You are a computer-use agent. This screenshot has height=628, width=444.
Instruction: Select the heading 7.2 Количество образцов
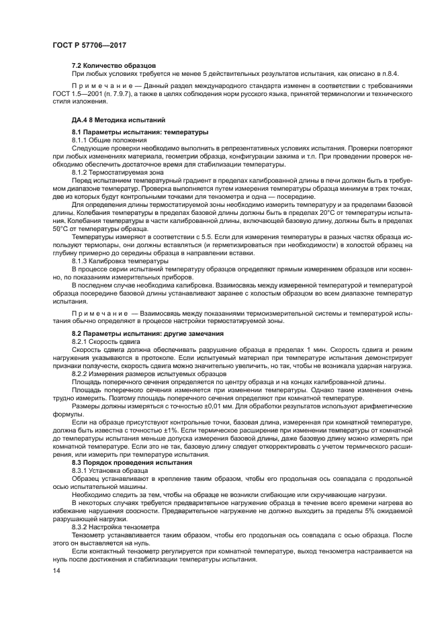(x=114, y=65)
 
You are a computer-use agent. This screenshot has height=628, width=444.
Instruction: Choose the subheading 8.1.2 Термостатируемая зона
(x=118, y=173)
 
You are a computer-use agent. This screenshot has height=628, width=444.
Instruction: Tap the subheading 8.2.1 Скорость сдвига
(x=106, y=341)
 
